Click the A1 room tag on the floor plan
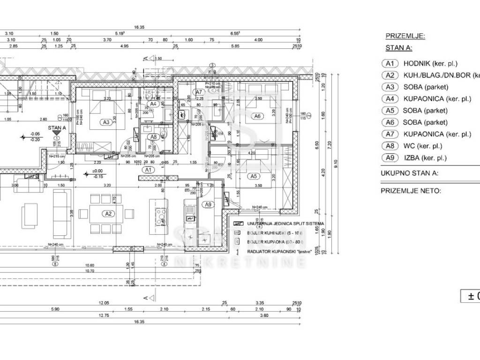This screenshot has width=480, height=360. (149, 169)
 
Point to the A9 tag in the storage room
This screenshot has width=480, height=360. (208, 204)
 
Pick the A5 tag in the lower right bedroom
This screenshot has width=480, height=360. (254, 176)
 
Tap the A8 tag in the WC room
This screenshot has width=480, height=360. (153, 137)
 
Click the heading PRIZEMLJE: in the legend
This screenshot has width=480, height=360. (405, 36)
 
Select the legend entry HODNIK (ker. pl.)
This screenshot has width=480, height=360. (430, 64)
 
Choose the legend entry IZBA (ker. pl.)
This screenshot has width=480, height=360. (425, 158)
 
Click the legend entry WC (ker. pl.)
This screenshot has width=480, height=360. (422, 146)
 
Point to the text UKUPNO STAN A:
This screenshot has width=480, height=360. (409, 173)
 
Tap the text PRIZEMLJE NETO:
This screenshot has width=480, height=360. (411, 191)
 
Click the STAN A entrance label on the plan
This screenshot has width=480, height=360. (57, 127)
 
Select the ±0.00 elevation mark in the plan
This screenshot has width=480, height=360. (97, 171)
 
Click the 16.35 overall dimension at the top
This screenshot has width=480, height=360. (139, 28)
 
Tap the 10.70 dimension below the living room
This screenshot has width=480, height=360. (90, 270)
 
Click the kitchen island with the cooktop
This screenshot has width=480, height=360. (158, 213)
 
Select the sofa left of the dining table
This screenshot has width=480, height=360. (60, 214)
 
